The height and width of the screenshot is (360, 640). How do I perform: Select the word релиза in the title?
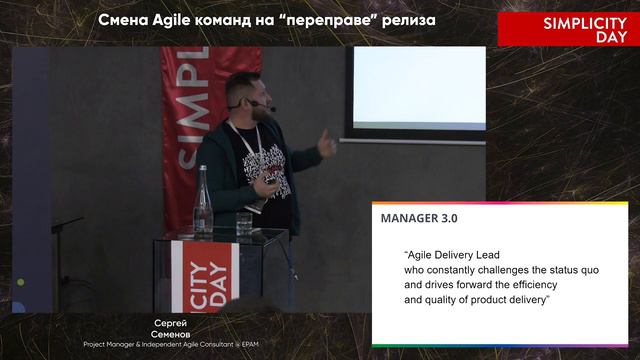click(410, 20)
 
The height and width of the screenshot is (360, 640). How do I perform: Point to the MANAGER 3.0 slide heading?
click(420, 217)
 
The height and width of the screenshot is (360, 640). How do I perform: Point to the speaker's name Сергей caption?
click(171, 323)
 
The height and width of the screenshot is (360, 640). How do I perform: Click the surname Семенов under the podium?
click(171, 334)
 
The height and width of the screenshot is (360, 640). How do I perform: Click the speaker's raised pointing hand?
click(327, 145)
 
